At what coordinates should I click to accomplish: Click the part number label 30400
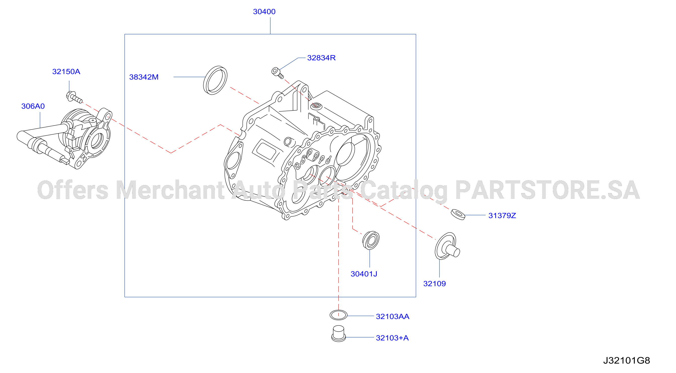pos(264,12)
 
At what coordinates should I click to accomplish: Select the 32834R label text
pos(321,58)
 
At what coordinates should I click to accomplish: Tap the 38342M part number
pos(144,77)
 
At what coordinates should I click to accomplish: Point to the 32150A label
pos(66,72)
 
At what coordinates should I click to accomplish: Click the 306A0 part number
pos(33,106)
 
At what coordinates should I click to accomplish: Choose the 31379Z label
pos(502,215)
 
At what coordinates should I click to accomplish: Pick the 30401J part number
pos(364,274)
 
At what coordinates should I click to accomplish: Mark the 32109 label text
pos(434,284)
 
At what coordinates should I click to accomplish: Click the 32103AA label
pos(392,316)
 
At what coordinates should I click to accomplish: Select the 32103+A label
pos(392,338)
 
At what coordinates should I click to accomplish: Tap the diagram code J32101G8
pos(626,360)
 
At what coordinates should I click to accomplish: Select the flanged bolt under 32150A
pos(74,97)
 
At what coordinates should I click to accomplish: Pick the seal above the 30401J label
pos(370,240)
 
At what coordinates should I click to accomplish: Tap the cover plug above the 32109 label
pos(447,246)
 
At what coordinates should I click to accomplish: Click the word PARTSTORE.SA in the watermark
pos(547,190)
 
